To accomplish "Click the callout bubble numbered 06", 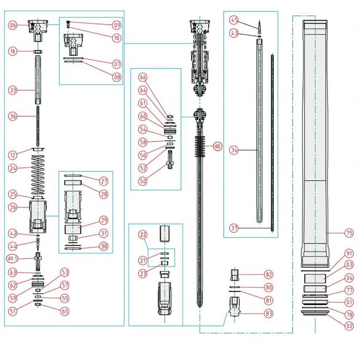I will coord(13,25).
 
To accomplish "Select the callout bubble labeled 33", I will coord(13,90).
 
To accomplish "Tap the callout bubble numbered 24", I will coord(13,168).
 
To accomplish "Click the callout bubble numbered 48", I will coord(217,146).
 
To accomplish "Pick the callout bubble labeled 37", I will coord(234,227).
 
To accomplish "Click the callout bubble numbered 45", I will coord(234,20).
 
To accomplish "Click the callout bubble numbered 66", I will coord(143,77).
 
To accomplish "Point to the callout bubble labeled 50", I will coord(143,181).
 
